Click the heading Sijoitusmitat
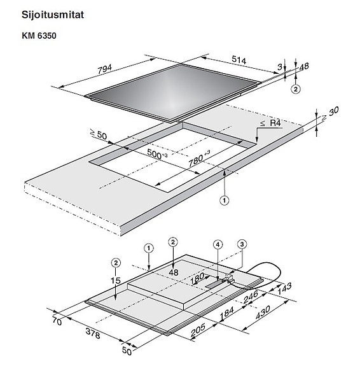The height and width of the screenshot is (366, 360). coord(53,15)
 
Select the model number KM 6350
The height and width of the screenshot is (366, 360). coord(39,36)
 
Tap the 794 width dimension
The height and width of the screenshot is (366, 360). coord(105,69)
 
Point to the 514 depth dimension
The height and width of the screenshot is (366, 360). coord(239,60)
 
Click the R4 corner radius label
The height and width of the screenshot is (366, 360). coord(275,123)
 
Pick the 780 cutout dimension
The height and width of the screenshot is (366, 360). coord(196,160)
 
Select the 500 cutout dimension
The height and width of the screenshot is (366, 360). coord(155,154)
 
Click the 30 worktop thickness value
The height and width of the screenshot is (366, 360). coord(334,111)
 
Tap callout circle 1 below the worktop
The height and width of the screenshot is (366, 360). coord(225,201)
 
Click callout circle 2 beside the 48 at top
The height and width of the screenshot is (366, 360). coord(296,89)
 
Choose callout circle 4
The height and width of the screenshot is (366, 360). coord(218,244)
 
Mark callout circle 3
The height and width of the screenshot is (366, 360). coord(242,244)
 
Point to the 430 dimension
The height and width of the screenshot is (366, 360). coord(263,313)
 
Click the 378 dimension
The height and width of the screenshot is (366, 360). coord(93,334)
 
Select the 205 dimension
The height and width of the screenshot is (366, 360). coord(198,330)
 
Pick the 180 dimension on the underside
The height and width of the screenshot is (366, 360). coord(197,278)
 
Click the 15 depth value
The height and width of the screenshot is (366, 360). coord(116,281)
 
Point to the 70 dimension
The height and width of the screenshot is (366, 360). coord(57,321)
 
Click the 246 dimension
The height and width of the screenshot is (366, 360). coord(251,297)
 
